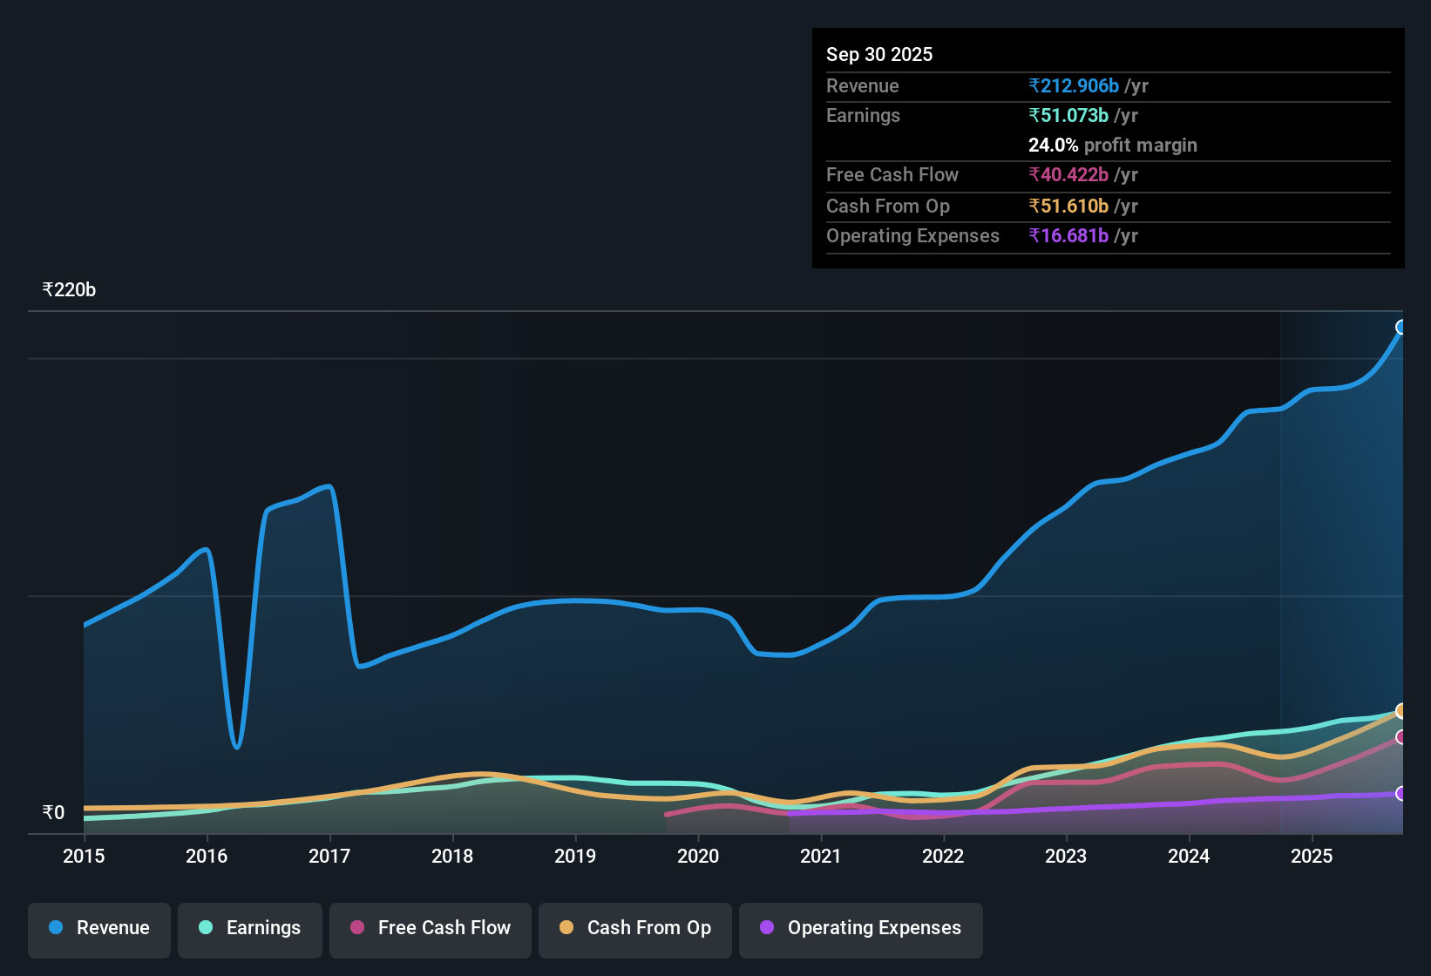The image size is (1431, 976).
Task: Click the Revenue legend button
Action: (x=99, y=928)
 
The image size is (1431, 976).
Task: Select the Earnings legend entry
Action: (x=250, y=928)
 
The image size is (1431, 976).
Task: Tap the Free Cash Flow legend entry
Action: (x=431, y=928)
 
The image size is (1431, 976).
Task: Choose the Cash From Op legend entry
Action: (x=635, y=928)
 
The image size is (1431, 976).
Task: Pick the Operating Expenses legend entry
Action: (x=861, y=928)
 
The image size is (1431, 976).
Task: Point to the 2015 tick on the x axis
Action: (x=84, y=856)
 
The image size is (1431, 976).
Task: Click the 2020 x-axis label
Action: (x=698, y=856)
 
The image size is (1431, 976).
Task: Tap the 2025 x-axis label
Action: (x=1312, y=856)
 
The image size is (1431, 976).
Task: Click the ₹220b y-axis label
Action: (x=69, y=290)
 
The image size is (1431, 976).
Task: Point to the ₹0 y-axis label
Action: (x=53, y=813)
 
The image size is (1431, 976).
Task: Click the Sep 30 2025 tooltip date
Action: (x=879, y=54)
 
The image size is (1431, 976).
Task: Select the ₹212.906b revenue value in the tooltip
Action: (x=1074, y=85)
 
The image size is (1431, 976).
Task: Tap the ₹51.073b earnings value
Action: (x=1068, y=115)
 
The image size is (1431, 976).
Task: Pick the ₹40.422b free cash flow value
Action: (x=1068, y=174)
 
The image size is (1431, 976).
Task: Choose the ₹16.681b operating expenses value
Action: (x=1068, y=235)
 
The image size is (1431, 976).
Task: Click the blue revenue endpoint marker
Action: (x=1401, y=328)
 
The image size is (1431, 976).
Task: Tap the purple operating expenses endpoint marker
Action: (x=1401, y=793)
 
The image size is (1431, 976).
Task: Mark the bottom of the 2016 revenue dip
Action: (x=236, y=747)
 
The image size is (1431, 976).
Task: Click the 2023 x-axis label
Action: (x=1066, y=856)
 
